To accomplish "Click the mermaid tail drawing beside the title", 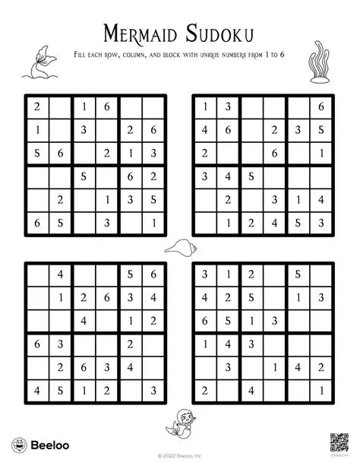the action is [38, 64].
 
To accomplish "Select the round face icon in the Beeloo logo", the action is [17, 445].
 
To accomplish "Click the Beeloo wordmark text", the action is [44, 445].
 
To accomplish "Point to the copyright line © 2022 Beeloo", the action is [180, 456].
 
